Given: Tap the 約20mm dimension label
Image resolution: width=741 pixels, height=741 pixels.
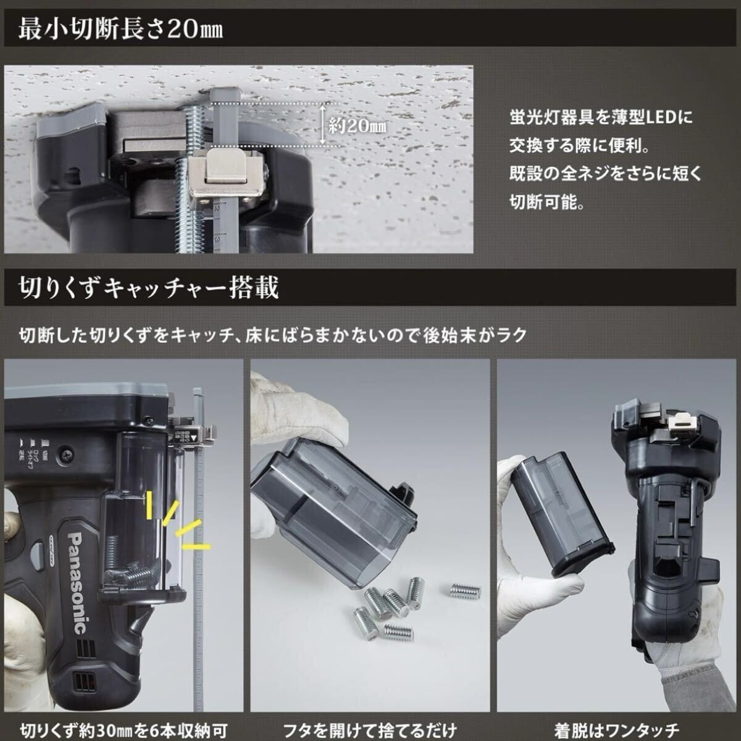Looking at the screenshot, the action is coord(358,126).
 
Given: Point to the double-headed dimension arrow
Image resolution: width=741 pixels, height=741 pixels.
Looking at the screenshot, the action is coord(323,125).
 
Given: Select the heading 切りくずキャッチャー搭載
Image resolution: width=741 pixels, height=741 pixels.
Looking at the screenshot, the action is coord(148,288).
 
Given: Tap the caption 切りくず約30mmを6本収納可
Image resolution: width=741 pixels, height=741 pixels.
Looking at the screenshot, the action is coord(124,729).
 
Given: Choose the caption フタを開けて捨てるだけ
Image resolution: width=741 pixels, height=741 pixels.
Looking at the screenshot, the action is coord(370,729).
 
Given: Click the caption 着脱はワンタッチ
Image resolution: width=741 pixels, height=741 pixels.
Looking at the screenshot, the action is coord(616,729).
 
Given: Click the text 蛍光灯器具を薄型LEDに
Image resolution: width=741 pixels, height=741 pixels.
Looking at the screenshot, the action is coord(601,117).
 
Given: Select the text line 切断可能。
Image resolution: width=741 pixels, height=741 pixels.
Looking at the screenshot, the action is coord(547,202).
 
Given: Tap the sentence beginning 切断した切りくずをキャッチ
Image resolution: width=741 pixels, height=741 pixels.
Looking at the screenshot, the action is coord(273,335).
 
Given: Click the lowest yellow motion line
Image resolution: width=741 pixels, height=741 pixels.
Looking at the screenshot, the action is coord(196,546).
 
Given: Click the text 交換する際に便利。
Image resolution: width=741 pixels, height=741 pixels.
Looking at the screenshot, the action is coord(579,146).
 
